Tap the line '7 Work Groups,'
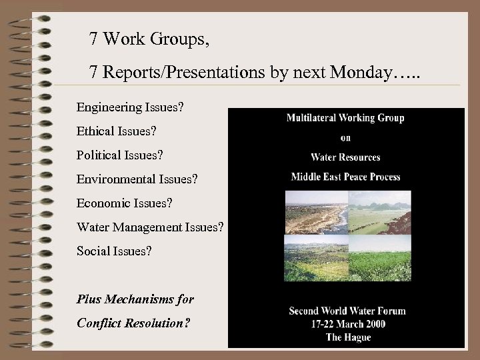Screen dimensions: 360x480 pos(149,39)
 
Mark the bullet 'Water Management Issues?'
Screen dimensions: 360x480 pos(150,227)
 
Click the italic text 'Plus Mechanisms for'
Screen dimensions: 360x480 pos(135,299)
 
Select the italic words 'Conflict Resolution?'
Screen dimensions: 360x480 pos(133,323)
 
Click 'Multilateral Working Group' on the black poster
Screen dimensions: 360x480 pos(345,118)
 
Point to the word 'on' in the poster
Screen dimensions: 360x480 pos(345,138)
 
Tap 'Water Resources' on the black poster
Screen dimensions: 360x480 pos(345,157)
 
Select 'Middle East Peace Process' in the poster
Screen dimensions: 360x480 pos(345,177)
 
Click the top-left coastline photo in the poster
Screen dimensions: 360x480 pos(315,212)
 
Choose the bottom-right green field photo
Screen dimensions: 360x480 pos(379,258)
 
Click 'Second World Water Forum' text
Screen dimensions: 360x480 pos(347,311)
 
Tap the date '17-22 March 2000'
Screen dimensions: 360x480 pos(347,324)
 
